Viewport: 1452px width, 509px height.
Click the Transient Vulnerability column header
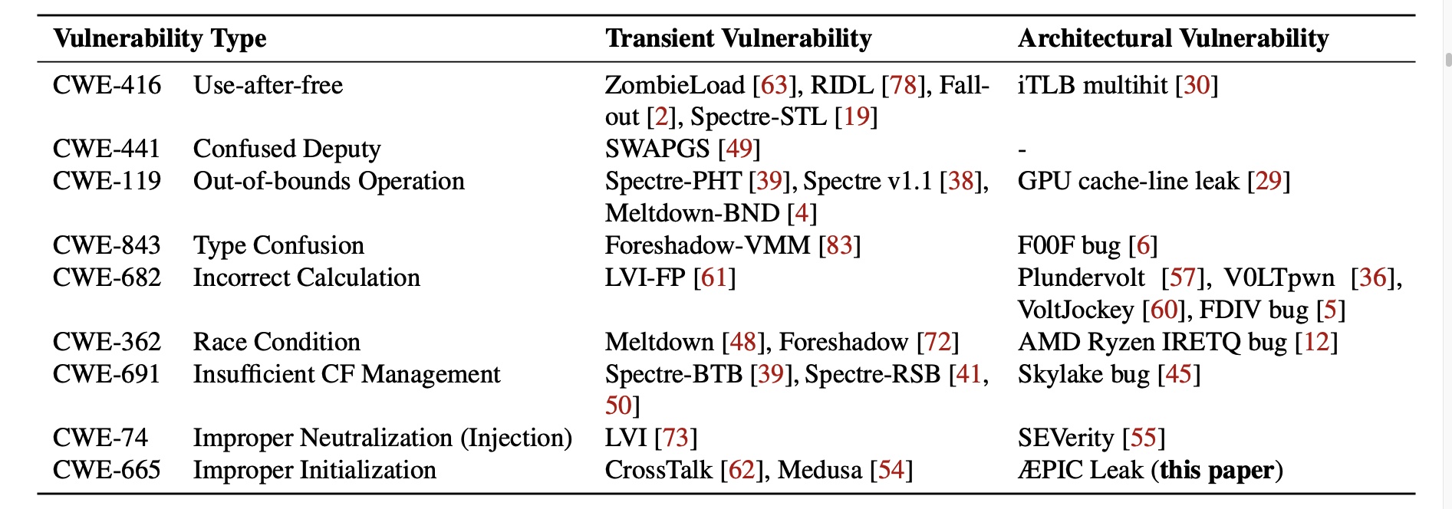738,38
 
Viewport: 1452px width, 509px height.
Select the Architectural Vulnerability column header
1173,38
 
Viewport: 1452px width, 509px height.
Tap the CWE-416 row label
107,85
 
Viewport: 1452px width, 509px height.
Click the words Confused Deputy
287,149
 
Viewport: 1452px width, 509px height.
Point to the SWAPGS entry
657,149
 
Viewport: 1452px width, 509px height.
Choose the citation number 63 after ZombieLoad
774,85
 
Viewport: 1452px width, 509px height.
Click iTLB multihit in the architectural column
1092,85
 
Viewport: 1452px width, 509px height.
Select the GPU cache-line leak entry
1128,182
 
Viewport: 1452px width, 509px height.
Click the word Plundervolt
1081,277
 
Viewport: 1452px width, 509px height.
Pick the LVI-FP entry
644,277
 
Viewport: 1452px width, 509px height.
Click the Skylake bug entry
1083,374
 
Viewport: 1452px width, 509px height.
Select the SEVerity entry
1065,438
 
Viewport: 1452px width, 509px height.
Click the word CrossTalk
658,470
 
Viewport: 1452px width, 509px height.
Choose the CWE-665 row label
107,470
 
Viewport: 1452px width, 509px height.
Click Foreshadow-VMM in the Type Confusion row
707,245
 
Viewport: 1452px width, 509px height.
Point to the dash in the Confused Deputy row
1022,150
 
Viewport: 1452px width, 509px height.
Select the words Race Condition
276,342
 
